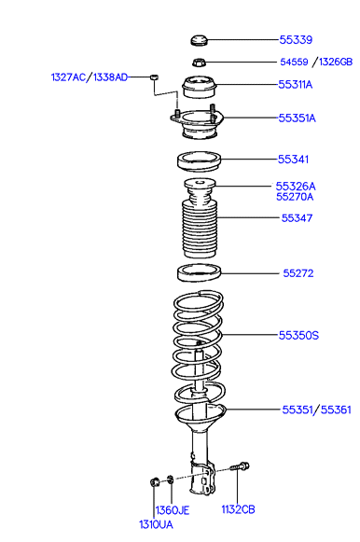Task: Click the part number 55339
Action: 296,40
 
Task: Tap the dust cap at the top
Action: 199,40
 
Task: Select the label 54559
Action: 294,62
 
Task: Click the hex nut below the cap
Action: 199,63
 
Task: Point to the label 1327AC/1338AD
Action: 90,77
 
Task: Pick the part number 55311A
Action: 296,85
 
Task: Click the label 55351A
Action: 298,118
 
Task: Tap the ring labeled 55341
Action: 199,161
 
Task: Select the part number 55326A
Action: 296,187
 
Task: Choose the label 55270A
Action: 295,197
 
